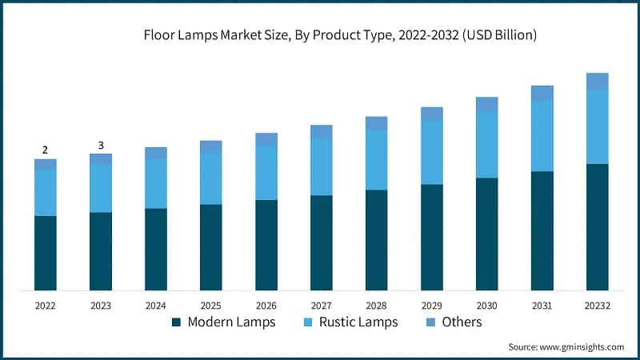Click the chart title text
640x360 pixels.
tap(340, 35)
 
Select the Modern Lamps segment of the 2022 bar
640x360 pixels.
tap(46, 253)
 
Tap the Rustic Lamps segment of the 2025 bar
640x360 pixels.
tap(211, 178)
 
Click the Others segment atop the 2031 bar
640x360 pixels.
tap(542, 93)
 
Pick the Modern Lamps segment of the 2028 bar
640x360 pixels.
tap(377, 240)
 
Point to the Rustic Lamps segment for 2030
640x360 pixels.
tap(487, 145)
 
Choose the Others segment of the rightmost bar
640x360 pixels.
tap(598, 81)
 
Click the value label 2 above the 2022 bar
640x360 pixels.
tap(46, 150)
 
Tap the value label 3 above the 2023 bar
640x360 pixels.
tap(101, 145)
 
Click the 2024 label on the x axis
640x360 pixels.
tap(156, 306)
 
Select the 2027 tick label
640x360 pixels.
tap(322, 306)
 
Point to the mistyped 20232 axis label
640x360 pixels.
tap(598, 306)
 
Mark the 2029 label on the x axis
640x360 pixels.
tap(432, 306)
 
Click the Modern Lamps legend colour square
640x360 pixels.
tap(177, 322)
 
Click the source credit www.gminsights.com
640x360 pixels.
tap(566, 346)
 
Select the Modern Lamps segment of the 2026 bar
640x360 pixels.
tap(266, 245)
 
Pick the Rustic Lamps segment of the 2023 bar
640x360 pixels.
tap(101, 189)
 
